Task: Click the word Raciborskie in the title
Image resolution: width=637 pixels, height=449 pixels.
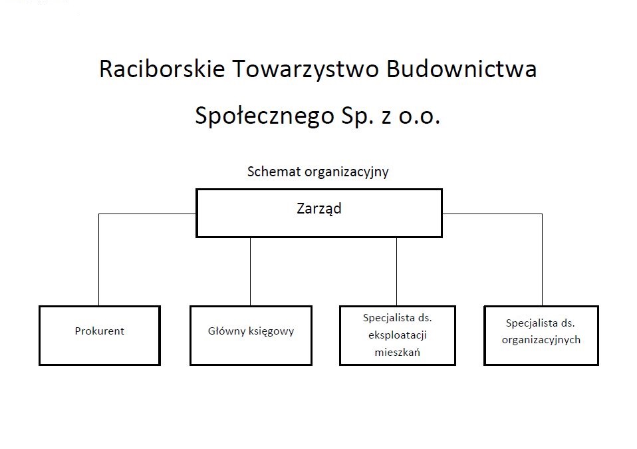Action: [x=162, y=69]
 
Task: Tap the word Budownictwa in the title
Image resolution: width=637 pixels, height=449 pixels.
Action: [x=461, y=69]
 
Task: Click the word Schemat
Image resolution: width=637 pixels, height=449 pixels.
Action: [x=274, y=171]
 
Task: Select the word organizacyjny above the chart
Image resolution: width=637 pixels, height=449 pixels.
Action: [x=346, y=172]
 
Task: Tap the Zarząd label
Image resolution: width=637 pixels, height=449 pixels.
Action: [x=319, y=208]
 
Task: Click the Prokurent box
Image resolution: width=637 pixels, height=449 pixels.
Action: [x=100, y=336]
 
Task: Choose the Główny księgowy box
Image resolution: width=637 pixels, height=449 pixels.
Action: [x=251, y=336]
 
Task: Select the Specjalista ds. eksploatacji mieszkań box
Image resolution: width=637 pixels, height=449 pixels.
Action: [x=398, y=336]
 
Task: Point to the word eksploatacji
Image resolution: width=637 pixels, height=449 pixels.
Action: [x=398, y=336]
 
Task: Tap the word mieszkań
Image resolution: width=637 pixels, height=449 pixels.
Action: [x=398, y=352]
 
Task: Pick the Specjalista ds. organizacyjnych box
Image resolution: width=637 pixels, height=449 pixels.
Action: [x=541, y=336]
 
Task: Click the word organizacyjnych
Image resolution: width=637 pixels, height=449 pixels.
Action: [x=541, y=341]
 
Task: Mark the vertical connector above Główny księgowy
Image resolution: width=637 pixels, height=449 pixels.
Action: [x=250, y=271]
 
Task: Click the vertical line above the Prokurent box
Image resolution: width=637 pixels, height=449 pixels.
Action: [x=98, y=259]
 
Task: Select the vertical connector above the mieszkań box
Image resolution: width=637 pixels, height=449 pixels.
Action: [x=396, y=271]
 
